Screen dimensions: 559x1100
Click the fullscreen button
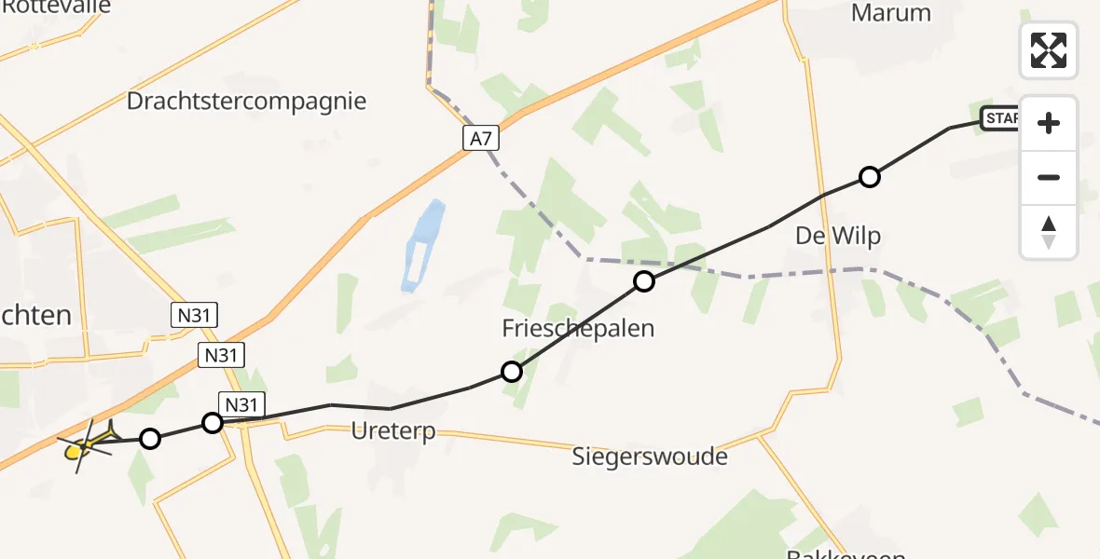pos(1049,50)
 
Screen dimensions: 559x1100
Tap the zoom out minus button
pos(1049,177)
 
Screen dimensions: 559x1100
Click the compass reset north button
pos(1049,231)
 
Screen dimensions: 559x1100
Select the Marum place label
pos(890,13)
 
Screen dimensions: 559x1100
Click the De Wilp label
pos(838,237)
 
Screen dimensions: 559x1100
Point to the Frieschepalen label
pos(578,328)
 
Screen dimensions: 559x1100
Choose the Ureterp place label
pos(393,432)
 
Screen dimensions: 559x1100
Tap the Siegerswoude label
pos(650,457)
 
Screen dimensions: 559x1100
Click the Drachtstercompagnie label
pos(247,101)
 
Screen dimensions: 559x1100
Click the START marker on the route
pos(1000,118)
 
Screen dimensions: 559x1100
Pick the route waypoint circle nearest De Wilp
pos(869,176)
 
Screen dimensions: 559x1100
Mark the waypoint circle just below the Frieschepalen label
pos(511,372)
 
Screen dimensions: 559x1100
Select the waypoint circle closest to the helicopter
pos(149,438)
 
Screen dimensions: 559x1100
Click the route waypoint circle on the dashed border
pos(644,280)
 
